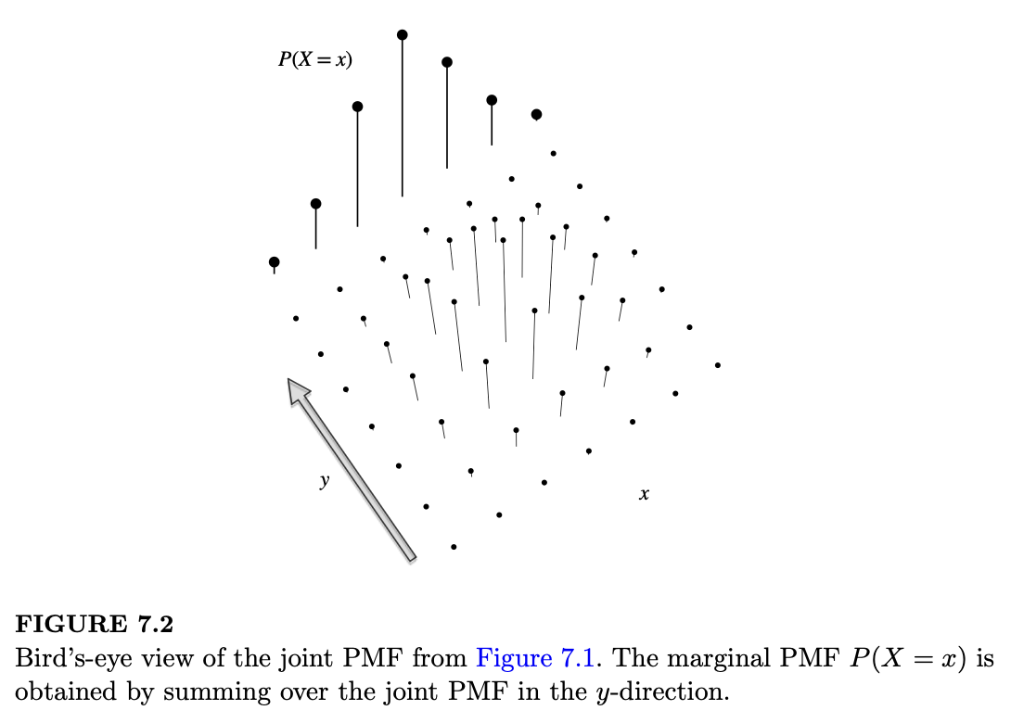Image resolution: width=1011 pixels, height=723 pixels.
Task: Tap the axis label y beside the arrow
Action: (x=324, y=481)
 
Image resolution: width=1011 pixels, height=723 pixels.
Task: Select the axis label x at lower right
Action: (x=644, y=496)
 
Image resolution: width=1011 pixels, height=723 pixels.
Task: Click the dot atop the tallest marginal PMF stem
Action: (x=402, y=35)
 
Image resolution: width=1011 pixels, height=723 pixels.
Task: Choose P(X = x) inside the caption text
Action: (x=906, y=659)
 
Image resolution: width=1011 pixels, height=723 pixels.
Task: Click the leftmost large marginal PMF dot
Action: (x=274, y=262)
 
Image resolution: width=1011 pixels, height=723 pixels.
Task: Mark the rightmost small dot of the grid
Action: (x=718, y=365)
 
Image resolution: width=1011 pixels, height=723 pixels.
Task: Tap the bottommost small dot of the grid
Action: (x=454, y=547)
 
